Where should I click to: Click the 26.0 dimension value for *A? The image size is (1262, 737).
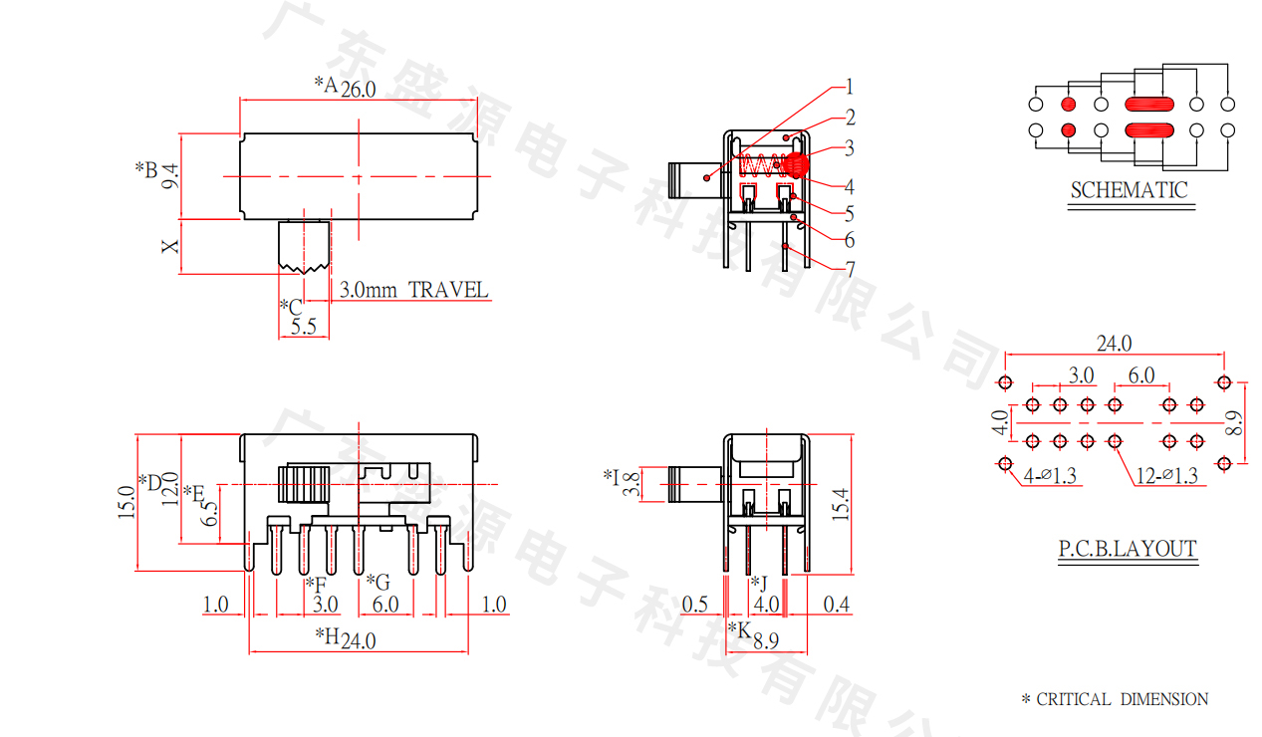tap(359, 89)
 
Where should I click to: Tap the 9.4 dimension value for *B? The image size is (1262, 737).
tap(170, 176)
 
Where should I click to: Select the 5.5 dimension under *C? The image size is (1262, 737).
tap(304, 327)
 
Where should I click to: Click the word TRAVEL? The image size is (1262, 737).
tap(448, 290)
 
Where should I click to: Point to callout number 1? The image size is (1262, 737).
tap(850, 87)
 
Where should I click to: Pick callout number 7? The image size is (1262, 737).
tap(851, 269)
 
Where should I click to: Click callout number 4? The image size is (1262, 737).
tap(850, 186)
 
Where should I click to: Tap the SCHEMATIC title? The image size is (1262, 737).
tap(1130, 190)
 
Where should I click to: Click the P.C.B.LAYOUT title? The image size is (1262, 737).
tap(1128, 548)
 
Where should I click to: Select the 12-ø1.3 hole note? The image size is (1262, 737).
tap(1166, 476)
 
